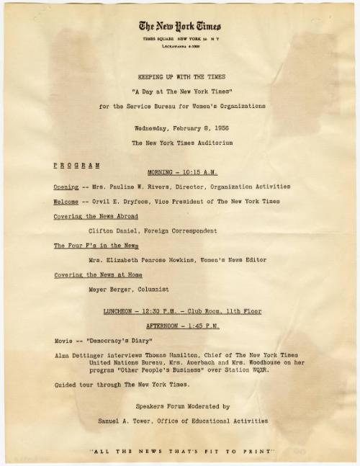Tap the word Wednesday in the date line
tap(150, 128)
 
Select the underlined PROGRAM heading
tap(77, 164)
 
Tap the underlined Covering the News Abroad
tap(96, 216)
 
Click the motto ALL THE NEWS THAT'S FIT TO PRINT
tap(181, 451)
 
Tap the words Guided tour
tap(73, 386)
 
